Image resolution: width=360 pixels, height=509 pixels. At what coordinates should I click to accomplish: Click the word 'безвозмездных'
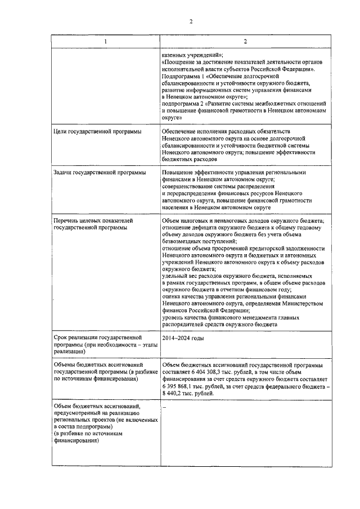(183, 240)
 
